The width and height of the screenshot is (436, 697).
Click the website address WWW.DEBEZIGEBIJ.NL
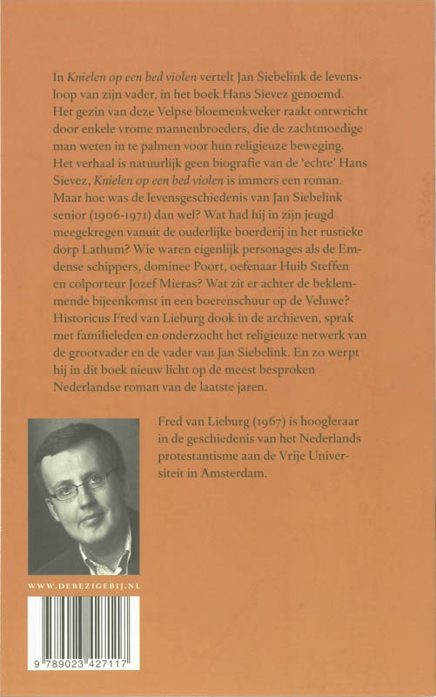(x=84, y=587)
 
